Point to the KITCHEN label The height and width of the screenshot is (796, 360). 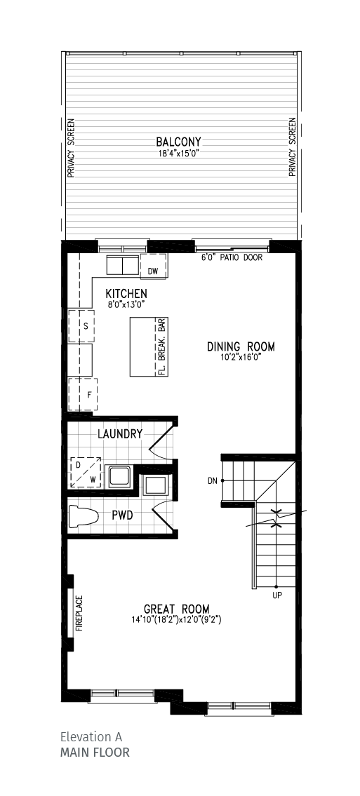point(126,293)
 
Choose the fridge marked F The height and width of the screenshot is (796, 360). point(83,395)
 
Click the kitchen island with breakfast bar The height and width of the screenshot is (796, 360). point(148,346)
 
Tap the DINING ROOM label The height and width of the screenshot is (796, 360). point(241,346)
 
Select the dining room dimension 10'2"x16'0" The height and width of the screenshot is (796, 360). point(241,357)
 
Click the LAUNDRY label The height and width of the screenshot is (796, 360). point(120,434)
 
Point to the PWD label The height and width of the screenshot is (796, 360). point(123,515)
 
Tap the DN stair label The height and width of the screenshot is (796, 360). point(212,481)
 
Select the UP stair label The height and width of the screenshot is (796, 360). point(276,595)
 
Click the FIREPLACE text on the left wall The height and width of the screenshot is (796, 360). point(79,614)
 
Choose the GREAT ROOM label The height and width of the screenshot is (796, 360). point(176,609)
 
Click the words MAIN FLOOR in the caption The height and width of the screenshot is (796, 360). point(94,753)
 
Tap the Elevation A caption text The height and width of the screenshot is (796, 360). point(91,737)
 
